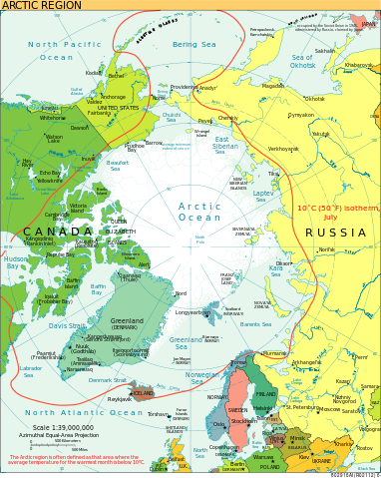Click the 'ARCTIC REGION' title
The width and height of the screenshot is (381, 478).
(x=41, y=5)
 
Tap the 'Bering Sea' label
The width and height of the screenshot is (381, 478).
(x=193, y=44)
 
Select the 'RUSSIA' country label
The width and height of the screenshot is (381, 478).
(x=335, y=233)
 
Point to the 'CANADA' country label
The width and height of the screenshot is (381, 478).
(x=58, y=232)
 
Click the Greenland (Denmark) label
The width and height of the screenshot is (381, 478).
(x=127, y=323)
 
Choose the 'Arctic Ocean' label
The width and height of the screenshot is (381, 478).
(x=199, y=212)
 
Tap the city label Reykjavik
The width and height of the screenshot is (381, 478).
(x=120, y=398)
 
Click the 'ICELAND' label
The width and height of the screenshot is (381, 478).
(x=143, y=393)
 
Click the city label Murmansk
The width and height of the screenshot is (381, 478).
(x=273, y=352)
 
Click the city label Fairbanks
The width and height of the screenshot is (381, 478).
(x=100, y=113)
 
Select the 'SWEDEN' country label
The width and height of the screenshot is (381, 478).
(x=237, y=410)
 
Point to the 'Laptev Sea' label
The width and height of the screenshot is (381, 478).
(x=263, y=196)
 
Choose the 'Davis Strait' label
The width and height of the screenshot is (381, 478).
(x=67, y=325)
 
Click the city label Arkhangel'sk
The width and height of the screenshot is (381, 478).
(x=306, y=362)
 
